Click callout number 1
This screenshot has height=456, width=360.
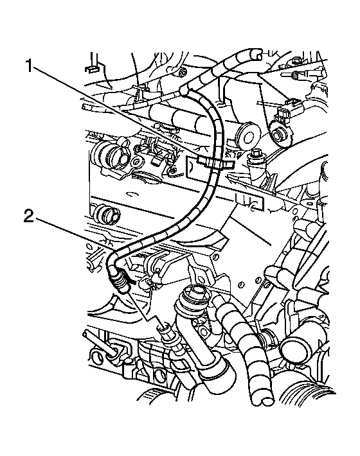29,66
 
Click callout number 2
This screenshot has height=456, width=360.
29,216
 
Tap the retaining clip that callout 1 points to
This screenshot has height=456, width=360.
215,163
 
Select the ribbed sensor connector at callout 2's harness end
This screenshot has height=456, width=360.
120,283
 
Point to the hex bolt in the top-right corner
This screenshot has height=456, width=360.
296,61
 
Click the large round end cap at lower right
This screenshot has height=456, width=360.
294,347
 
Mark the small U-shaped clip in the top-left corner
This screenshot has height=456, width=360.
91,69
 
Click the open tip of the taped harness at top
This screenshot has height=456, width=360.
255,53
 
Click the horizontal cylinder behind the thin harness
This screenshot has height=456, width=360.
175,116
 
